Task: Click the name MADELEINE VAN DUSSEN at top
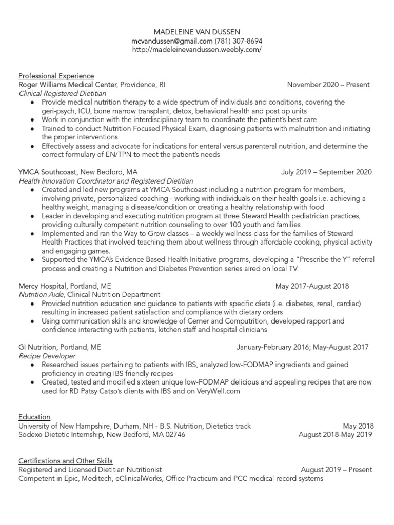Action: tap(196, 32)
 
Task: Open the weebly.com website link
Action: tap(196, 49)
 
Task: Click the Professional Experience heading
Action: tap(56, 76)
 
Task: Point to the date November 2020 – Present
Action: tap(328, 85)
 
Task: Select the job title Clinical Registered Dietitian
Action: tap(62, 93)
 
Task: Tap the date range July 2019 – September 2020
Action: tap(326, 172)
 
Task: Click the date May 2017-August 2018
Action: tap(312, 286)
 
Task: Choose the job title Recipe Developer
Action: tap(47, 355)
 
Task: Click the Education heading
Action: tap(34, 417)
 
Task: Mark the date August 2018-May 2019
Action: tap(336, 434)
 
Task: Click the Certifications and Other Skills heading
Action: tap(65, 460)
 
